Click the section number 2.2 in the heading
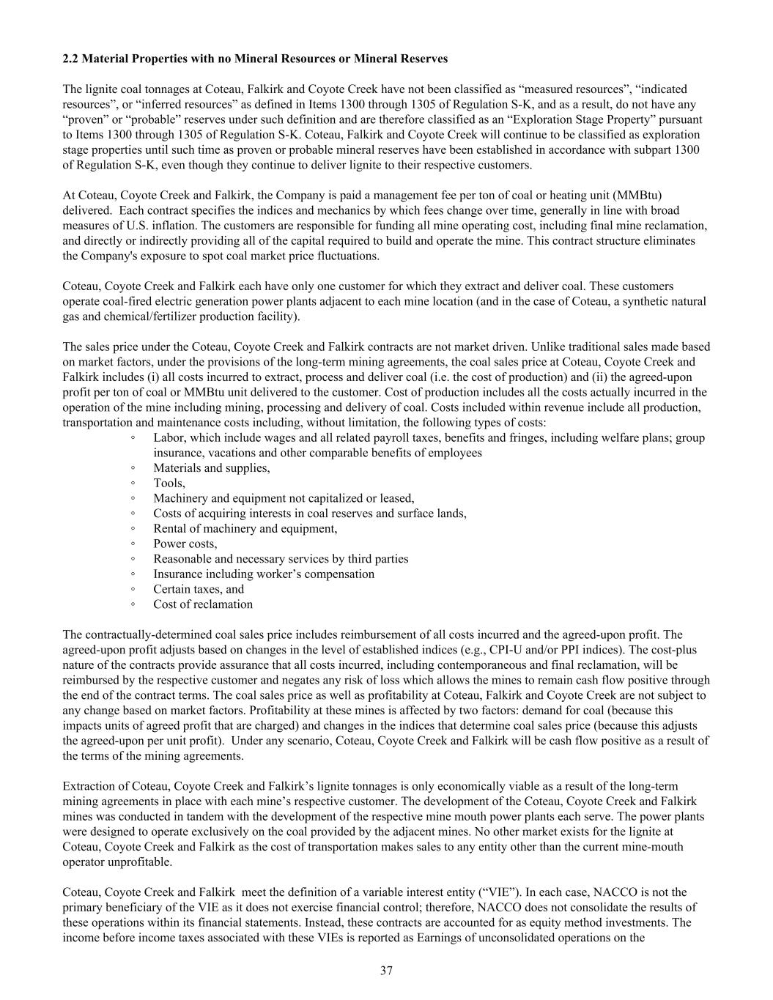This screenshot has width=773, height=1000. click(x=70, y=58)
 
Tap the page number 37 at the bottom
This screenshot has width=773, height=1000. click(x=386, y=971)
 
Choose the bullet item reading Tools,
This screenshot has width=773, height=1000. click(x=169, y=483)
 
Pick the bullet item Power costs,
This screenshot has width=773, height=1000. click(x=185, y=544)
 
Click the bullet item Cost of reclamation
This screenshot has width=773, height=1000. click(x=203, y=604)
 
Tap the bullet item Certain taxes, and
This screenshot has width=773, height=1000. click(x=199, y=589)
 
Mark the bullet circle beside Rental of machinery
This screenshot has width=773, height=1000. click(x=133, y=528)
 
